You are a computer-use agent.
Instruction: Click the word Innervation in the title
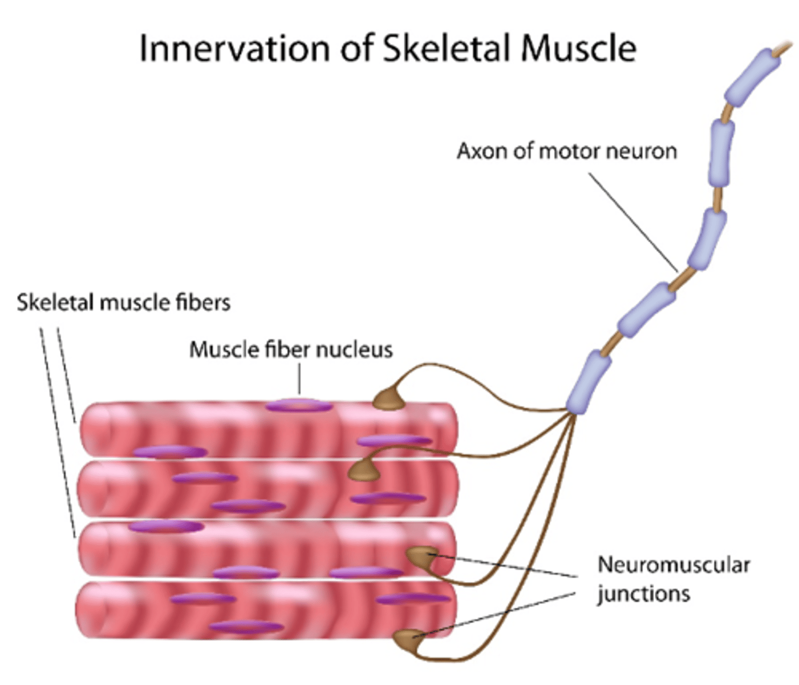(x=234, y=48)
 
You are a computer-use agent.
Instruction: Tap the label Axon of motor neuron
(x=566, y=151)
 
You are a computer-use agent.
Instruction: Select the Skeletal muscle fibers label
(x=123, y=303)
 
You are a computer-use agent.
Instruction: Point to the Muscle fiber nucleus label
(x=291, y=349)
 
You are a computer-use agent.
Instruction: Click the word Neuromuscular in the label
(x=673, y=565)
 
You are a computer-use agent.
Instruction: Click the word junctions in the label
(x=643, y=594)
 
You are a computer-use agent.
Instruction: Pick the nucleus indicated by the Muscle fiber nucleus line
(x=299, y=406)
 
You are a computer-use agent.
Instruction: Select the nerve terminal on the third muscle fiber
(x=421, y=555)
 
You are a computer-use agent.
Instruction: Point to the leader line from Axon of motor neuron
(x=633, y=223)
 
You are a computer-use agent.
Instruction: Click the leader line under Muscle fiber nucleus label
(x=299, y=379)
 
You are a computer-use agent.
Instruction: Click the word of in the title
(x=356, y=48)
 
